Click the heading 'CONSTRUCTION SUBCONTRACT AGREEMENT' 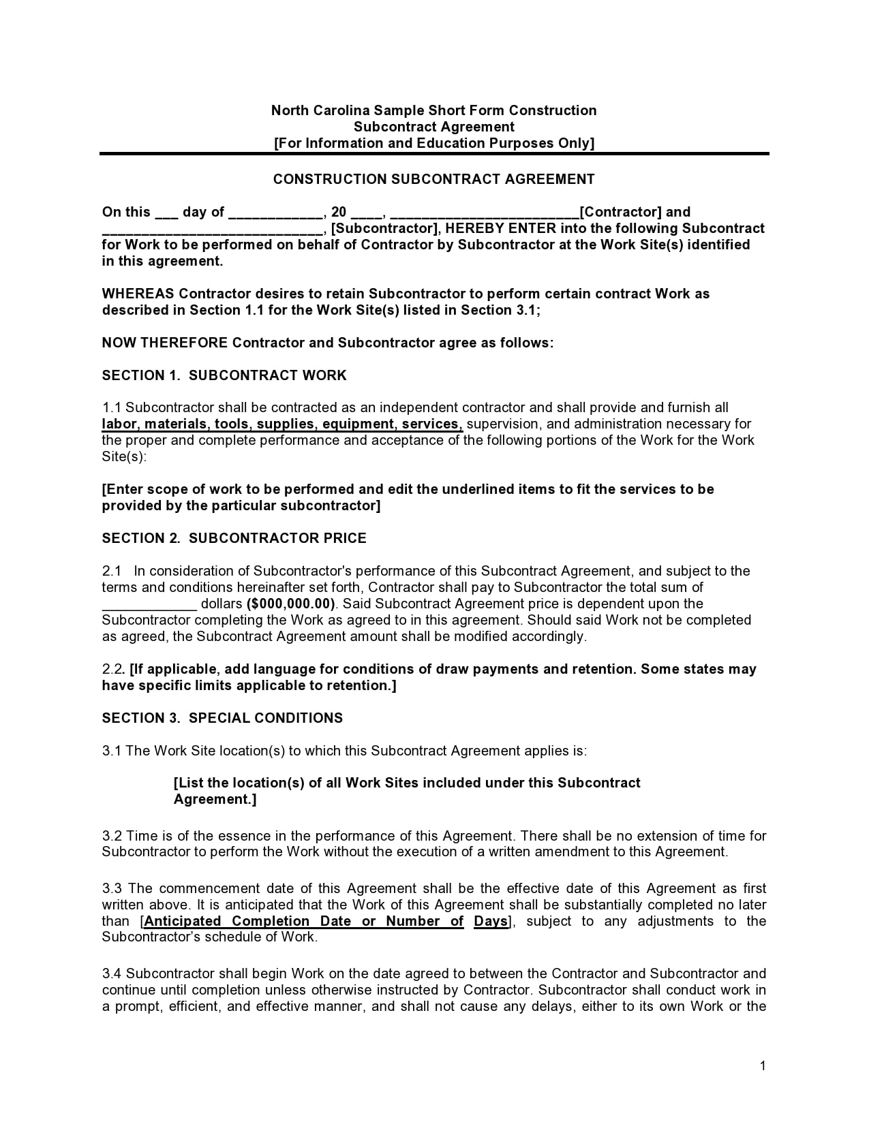(433, 179)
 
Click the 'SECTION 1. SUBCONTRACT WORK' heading (224, 375)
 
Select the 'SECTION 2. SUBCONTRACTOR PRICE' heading (234, 538)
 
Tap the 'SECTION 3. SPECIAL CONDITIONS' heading (222, 718)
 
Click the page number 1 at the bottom (763, 1066)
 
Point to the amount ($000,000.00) (291, 604)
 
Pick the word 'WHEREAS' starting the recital (138, 294)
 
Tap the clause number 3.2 (112, 836)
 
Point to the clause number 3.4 (112, 973)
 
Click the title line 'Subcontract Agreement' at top (433, 127)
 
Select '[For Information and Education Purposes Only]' (433, 143)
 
